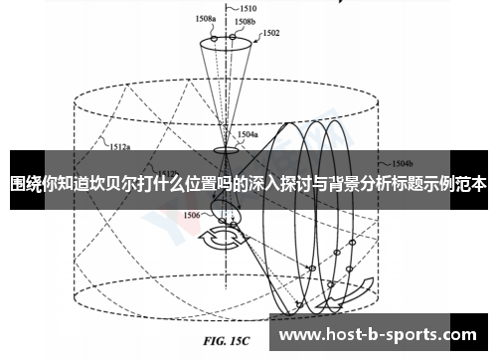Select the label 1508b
(246, 20)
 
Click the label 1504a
(248, 132)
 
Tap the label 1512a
(121, 147)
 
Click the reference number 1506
(193, 214)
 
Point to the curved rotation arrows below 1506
(216, 240)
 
